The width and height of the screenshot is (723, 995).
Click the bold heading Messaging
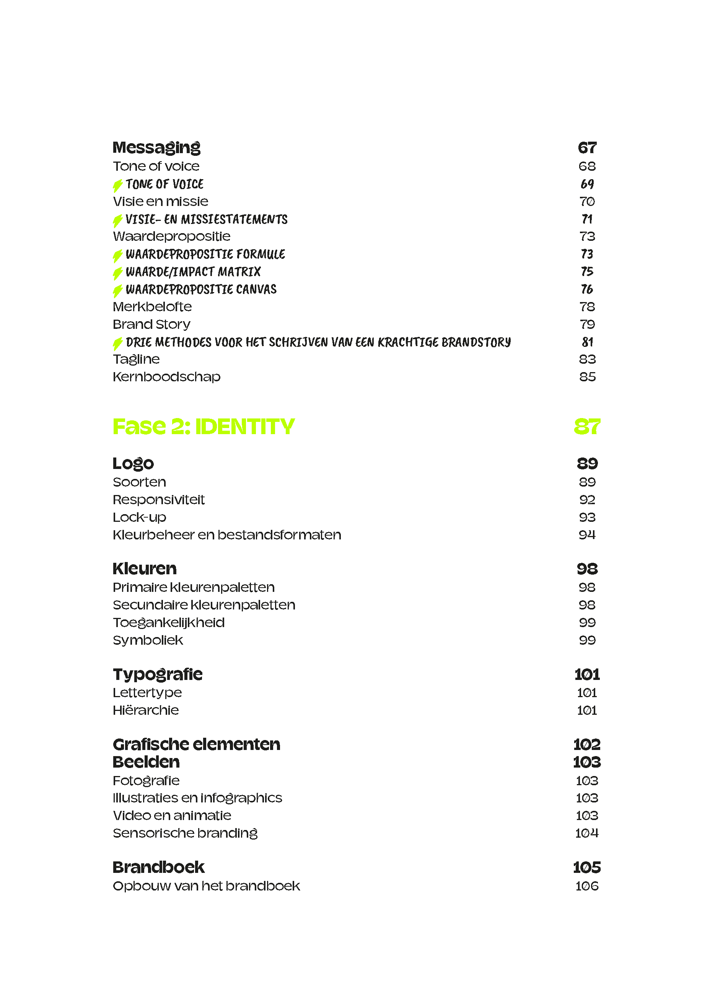pos(156,147)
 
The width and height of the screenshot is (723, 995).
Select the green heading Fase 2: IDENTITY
pos(204,426)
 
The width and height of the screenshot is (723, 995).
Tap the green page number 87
pos(587,426)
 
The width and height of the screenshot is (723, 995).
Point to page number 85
pos(587,376)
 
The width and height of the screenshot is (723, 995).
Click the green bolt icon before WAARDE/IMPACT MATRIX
pos(117,273)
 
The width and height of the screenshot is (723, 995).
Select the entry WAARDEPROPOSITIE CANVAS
pos(201,289)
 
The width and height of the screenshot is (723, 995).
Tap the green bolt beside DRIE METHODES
pos(117,343)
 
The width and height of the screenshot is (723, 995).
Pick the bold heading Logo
pos(133,463)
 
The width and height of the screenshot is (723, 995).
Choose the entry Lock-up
pos(139,517)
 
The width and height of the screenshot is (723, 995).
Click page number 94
pos(587,534)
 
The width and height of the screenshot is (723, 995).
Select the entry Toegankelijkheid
pos(168,622)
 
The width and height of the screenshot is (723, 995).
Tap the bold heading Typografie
pos(157,674)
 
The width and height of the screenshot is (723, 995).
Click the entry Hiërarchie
pos(146,710)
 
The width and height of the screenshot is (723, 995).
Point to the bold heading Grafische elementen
pos(196,744)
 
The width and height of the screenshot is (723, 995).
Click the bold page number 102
pos(587,744)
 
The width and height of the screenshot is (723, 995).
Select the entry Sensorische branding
pos(185,833)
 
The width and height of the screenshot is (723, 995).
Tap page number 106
pos(587,886)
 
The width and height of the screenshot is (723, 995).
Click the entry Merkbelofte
pos(152,306)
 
